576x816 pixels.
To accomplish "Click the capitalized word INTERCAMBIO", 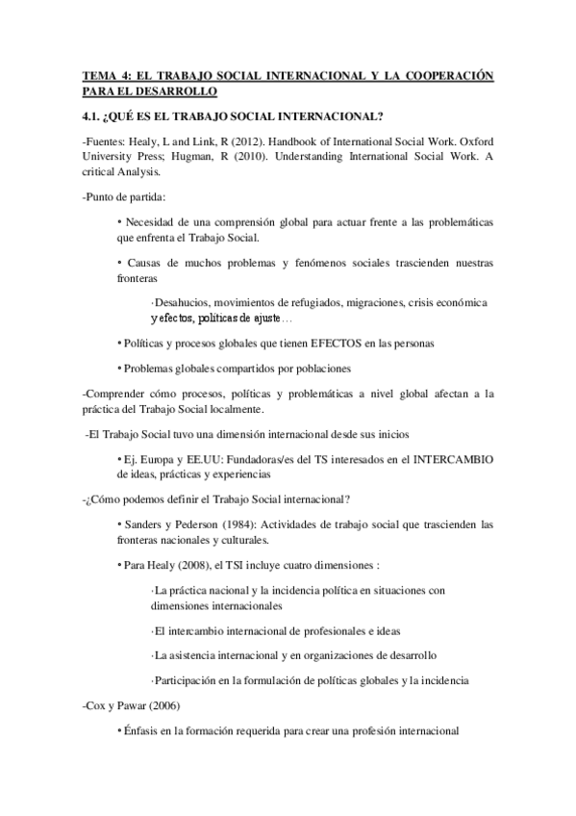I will (x=451, y=458).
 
